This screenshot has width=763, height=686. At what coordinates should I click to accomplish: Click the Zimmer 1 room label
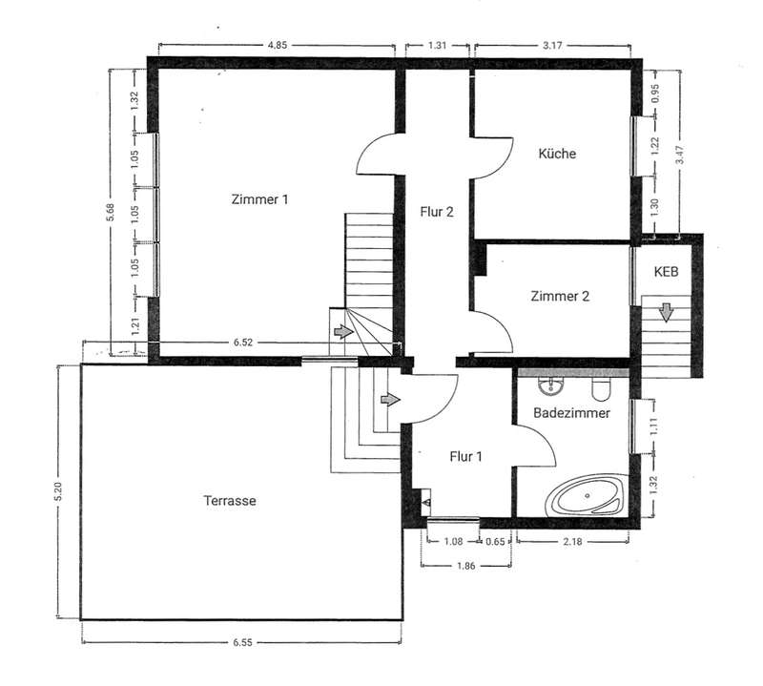[259, 199]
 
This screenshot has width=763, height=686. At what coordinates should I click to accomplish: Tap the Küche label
[557, 154]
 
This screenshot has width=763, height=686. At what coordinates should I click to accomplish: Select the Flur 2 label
[437, 212]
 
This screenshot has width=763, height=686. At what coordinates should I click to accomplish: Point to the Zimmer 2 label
[560, 296]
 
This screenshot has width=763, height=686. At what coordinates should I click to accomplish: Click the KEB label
[666, 272]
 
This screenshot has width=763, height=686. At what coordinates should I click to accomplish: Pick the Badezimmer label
[571, 413]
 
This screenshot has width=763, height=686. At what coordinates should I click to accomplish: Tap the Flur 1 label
[465, 457]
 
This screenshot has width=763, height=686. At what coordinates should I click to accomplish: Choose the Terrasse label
[230, 501]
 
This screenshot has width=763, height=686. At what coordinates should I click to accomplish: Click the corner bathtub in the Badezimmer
[587, 495]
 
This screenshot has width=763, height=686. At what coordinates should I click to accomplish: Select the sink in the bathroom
[551, 385]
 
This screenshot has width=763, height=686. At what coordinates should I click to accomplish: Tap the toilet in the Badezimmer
[601, 387]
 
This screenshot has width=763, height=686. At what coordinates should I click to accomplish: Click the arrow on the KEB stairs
[666, 313]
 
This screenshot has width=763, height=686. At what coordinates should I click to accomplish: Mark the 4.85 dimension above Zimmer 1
[278, 45]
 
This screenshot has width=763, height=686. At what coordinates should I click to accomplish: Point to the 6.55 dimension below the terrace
[242, 642]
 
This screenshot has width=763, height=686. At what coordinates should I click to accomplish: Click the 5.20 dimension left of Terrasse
[58, 492]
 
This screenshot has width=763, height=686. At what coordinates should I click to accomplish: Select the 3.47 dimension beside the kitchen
[680, 155]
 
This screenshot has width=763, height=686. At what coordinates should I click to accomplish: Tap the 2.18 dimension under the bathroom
[572, 541]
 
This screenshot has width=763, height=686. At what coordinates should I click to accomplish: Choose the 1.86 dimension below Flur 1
[465, 566]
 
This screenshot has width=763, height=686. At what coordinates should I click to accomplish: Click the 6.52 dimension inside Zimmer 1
[243, 343]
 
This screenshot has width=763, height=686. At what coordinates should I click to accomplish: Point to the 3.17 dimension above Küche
[552, 45]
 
